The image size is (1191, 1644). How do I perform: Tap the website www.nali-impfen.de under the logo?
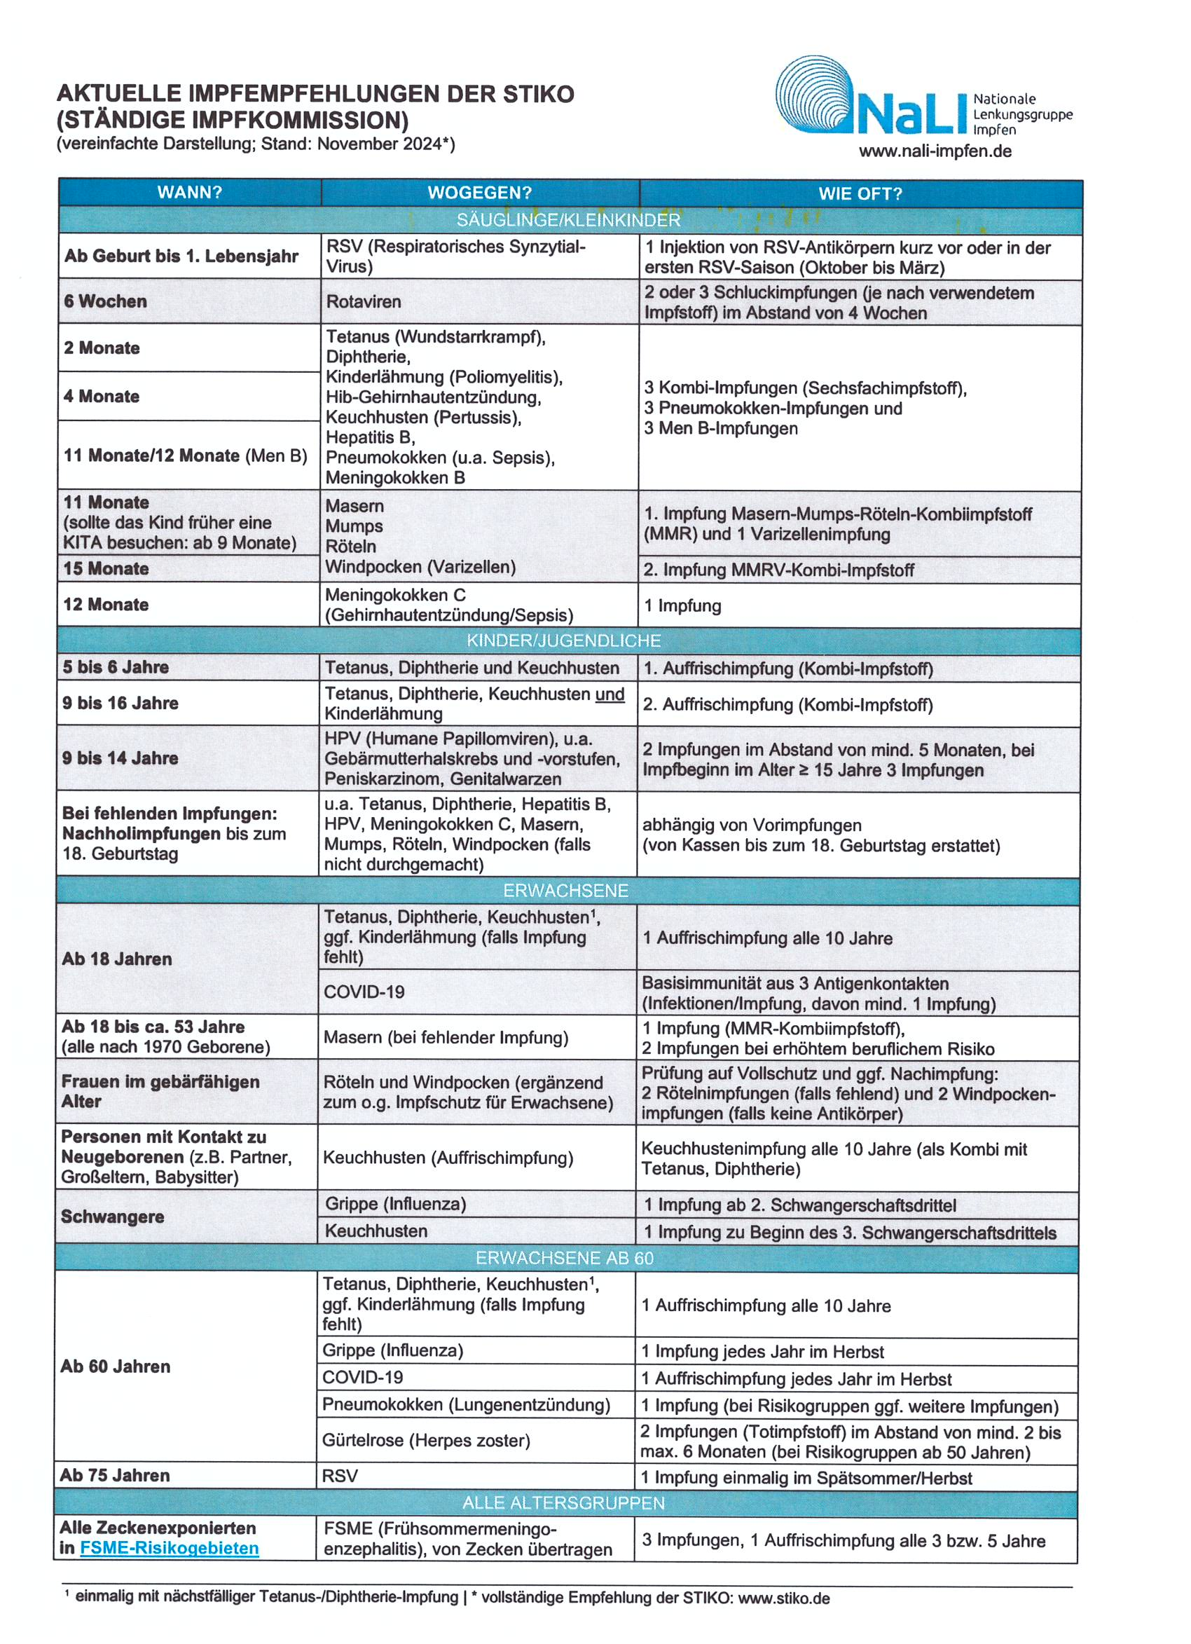click(935, 151)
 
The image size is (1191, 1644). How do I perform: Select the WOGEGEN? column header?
click(479, 193)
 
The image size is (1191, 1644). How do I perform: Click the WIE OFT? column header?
click(860, 193)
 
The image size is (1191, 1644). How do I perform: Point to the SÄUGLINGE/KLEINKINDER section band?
click(568, 219)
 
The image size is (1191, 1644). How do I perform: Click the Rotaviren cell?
click(363, 301)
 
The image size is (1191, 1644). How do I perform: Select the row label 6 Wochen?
click(105, 301)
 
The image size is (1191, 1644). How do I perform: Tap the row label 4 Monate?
click(102, 397)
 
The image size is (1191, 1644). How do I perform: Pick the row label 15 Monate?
click(106, 568)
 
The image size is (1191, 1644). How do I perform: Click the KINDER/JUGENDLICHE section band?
click(563, 641)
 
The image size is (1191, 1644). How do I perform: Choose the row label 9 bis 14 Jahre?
click(121, 758)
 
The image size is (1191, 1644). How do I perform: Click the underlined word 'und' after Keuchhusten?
click(609, 694)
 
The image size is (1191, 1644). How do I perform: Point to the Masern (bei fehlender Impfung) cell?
click(446, 1037)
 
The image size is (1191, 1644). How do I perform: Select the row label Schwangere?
click(112, 1217)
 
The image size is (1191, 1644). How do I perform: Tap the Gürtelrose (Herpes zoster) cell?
click(426, 1440)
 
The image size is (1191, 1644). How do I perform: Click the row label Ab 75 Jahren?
click(114, 1475)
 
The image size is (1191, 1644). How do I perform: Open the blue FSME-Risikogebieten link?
click(169, 1548)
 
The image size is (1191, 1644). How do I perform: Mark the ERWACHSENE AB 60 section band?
click(564, 1258)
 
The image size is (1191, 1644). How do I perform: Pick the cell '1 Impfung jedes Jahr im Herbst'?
click(762, 1351)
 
